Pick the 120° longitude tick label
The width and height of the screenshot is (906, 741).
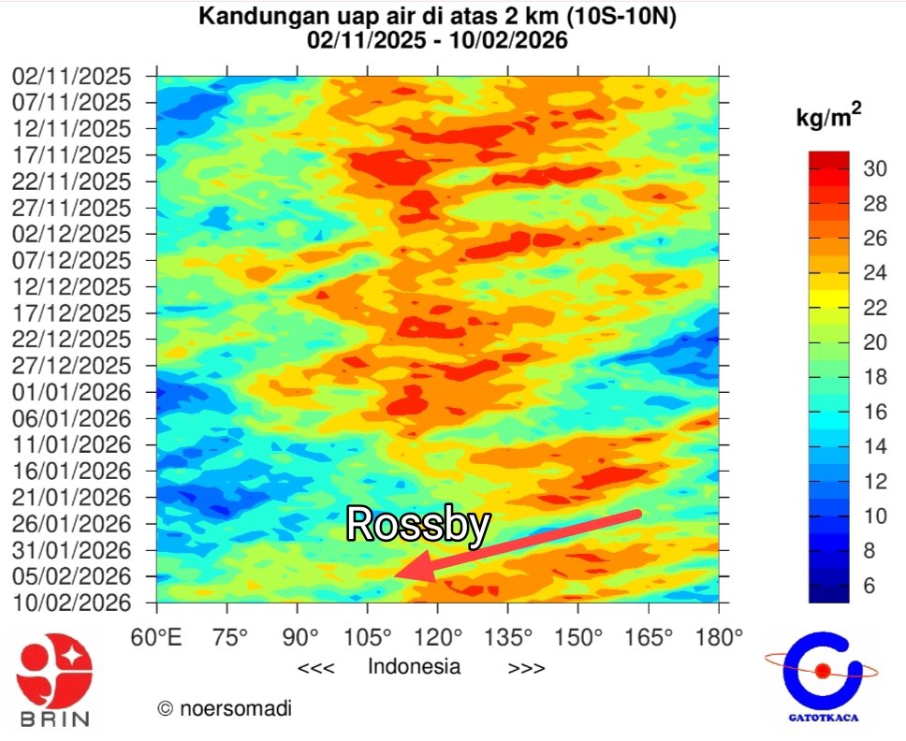(x=437, y=638)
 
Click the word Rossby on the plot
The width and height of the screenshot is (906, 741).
(x=417, y=525)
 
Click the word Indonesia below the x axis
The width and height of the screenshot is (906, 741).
(x=414, y=667)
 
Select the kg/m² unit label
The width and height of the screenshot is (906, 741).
(x=828, y=119)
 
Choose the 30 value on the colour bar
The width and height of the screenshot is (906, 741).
(x=874, y=169)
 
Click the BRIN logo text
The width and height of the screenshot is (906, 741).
(x=53, y=719)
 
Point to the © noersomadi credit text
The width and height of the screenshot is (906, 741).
(x=224, y=709)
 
